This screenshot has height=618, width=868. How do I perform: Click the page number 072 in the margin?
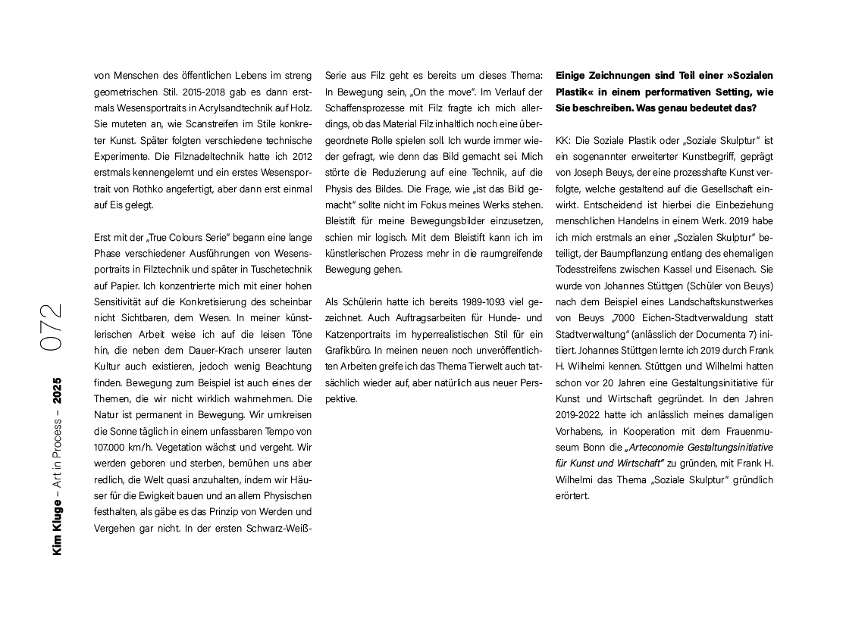[52, 327]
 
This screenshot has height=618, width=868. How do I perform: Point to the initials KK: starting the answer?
[564, 141]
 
